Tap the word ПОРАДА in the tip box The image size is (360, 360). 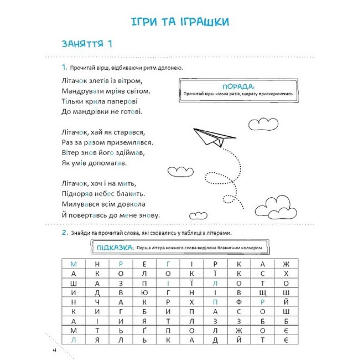pyautogui.click(x=238, y=87)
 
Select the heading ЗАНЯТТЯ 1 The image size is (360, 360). pyautogui.click(x=87, y=44)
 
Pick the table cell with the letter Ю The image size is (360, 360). pyautogui.click(x=144, y=292)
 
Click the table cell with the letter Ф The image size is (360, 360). pyautogui.click(x=239, y=301)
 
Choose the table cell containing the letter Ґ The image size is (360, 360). pyautogui.click(x=144, y=330)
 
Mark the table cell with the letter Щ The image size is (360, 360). pyautogui.click(x=262, y=292)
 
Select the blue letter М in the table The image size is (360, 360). pyautogui.click(x=74, y=264)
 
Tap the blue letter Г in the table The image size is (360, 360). pyautogui.click(x=168, y=264)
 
